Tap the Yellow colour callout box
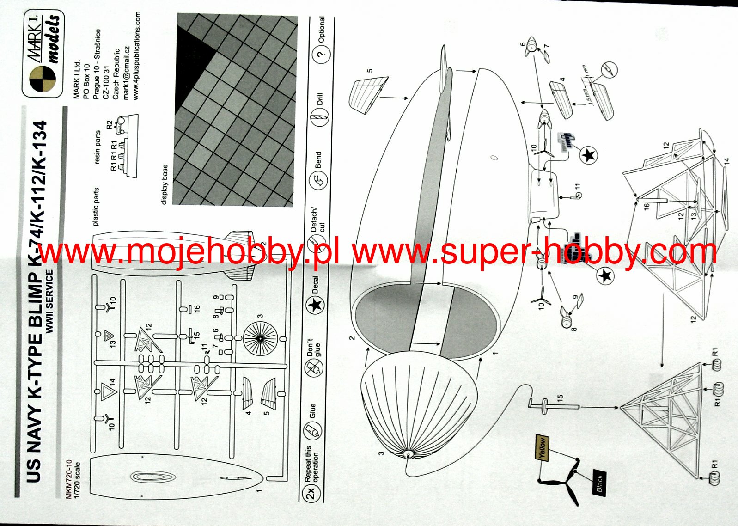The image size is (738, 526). [542, 447]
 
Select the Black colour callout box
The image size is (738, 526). [599, 483]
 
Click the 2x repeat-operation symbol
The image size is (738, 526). [311, 492]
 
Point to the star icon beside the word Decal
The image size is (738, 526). [316, 305]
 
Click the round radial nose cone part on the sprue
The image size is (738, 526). [260, 339]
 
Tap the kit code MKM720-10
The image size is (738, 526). [69, 479]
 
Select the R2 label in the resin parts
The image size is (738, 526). [109, 125]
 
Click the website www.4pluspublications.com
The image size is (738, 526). [136, 55]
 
